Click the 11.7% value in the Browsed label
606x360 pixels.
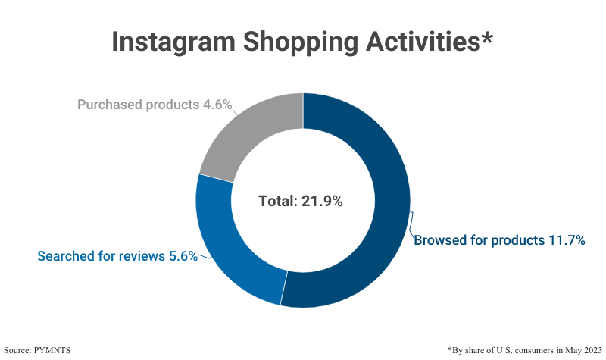[x=566, y=240]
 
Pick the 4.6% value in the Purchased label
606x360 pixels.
[x=216, y=105]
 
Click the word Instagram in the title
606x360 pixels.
[x=170, y=42]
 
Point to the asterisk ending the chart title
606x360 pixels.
[x=486, y=36]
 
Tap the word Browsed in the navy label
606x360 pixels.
[x=439, y=240]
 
